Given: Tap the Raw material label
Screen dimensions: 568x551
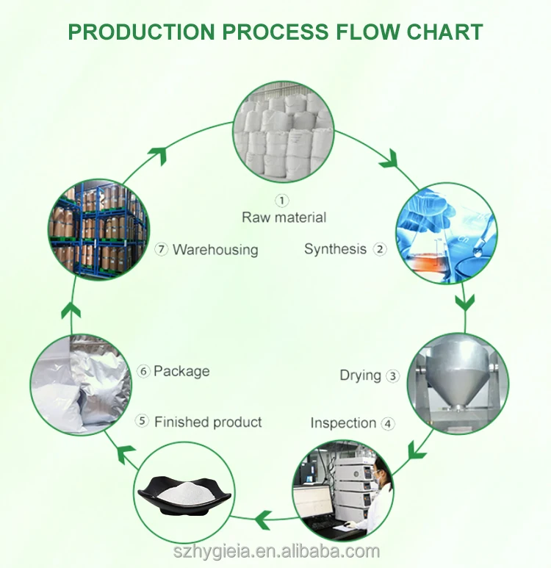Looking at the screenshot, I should click(x=284, y=217).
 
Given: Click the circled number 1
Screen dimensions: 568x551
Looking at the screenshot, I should click(x=283, y=200).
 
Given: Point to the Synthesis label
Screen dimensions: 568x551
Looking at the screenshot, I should click(x=335, y=249).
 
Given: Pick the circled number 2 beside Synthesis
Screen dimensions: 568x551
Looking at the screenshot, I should click(x=380, y=249).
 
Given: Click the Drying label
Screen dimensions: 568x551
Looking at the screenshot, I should click(x=360, y=375).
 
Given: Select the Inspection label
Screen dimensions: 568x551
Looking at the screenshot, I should click(x=343, y=423).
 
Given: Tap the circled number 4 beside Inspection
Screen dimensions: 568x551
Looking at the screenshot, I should click(x=387, y=423).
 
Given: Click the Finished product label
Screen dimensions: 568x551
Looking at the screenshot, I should click(x=208, y=422).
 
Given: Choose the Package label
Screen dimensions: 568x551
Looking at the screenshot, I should click(x=181, y=371).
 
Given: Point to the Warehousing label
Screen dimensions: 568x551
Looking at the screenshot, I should click(x=215, y=250).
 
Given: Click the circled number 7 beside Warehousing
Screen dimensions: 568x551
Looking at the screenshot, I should click(x=162, y=250).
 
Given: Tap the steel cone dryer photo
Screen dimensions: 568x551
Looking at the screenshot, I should click(x=456, y=383).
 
